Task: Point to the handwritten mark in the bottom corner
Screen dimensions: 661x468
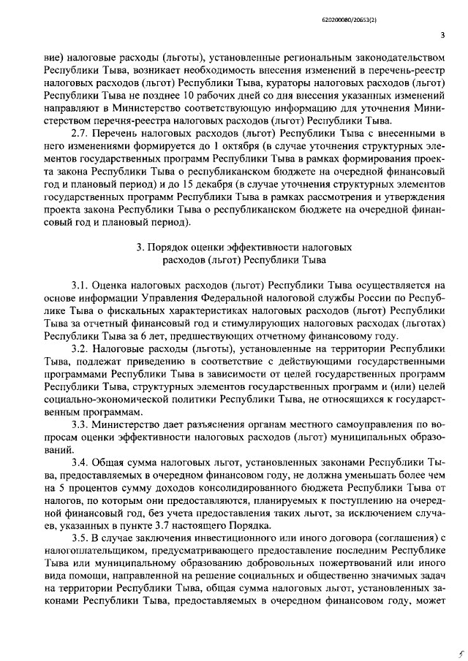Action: tap(454, 653)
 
